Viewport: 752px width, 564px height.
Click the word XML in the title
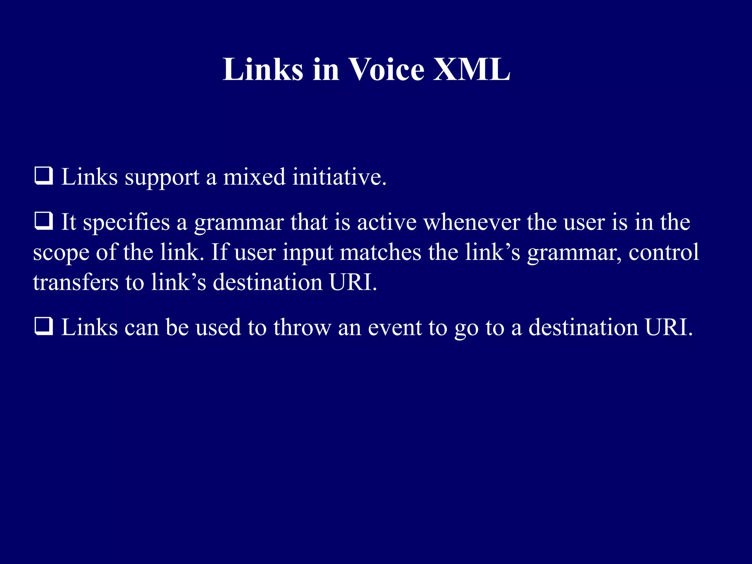click(471, 69)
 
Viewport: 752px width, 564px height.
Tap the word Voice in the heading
click(386, 69)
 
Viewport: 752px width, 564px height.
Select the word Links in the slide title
click(263, 69)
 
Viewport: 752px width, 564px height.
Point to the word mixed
click(254, 177)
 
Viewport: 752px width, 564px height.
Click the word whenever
click(471, 223)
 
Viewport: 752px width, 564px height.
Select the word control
click(664, 253)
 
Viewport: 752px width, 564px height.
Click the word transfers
click(76, 283)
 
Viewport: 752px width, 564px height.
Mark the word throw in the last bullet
click(302, 327)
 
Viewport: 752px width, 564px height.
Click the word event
click(394, 328)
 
